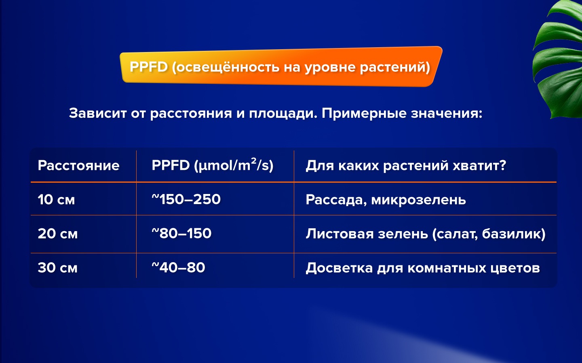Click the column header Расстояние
pyautogui.click(x=78, y=166)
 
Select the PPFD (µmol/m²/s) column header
pyautogui.click(x=213, y=165)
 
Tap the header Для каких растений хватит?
pyautogui.click(x=406, y=166)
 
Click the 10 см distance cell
pyautogui.click(x=57, y=200)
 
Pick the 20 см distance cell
pyautogui.click(x=58, y=234)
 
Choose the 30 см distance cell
pyautogui.click(x=58, y=268)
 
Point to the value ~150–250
pyautogui.click(x=186, y=199)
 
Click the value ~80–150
pyautogui.click(x=181, y=233)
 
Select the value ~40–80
pyautogui.click(x=179, y=267)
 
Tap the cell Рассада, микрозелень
pyautogui.click(x=386, y=200)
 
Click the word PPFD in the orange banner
pyautogui.click(x=149, y=67)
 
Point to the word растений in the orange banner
pyautogui.click(x=392, y=67)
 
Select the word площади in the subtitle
pyautogui.click(x=283, y=114)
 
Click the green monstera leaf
pyautogui.click(x=559, y=60)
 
